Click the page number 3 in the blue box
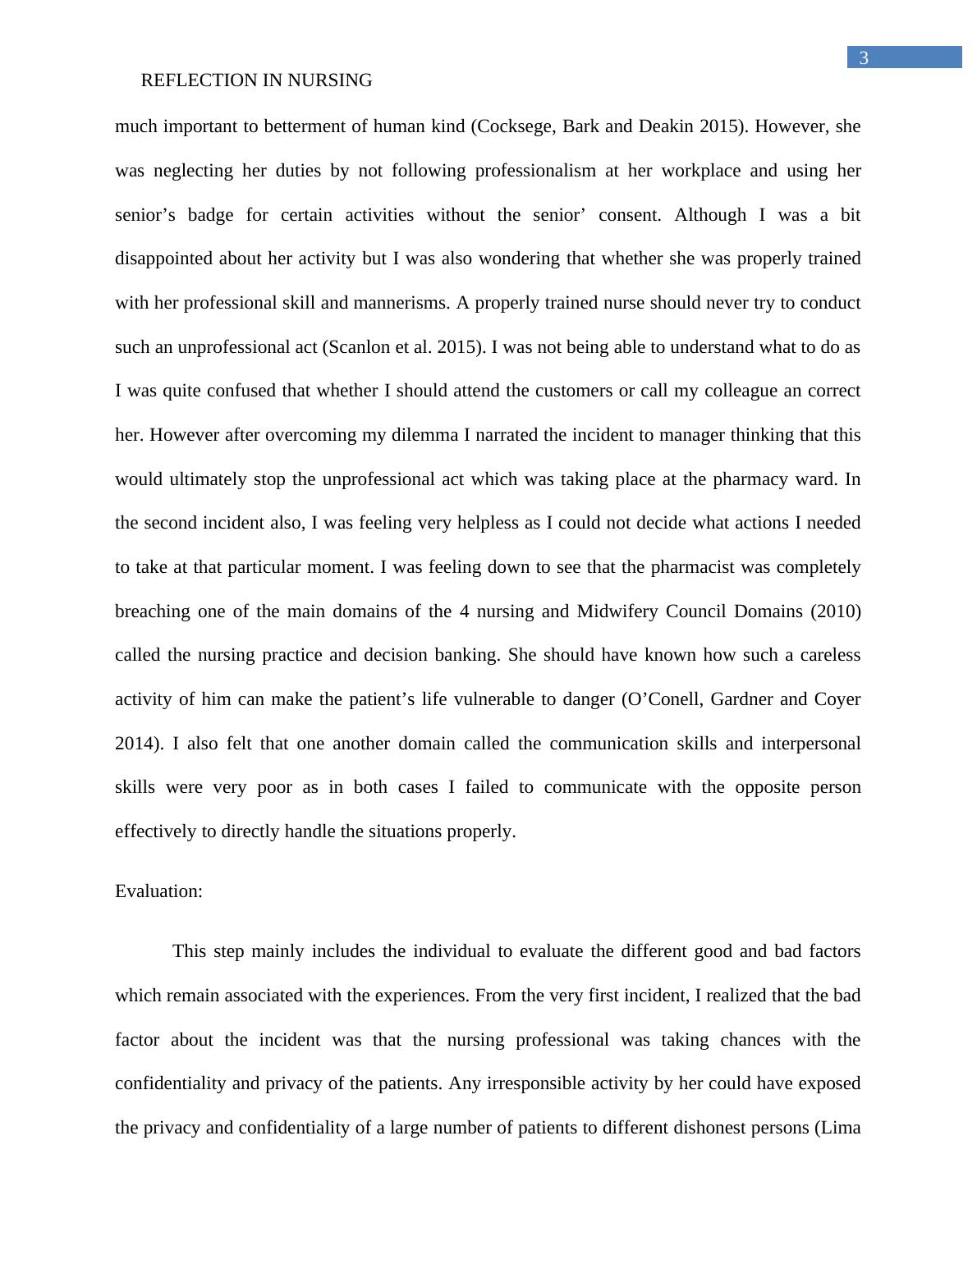(x=864, y=58)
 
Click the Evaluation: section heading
(x=158, y=891)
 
